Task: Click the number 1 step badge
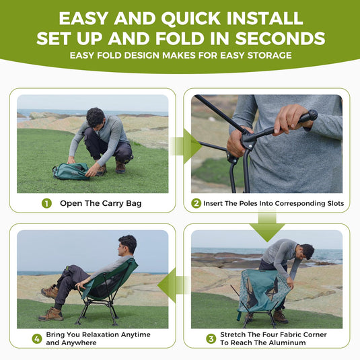(46, 203)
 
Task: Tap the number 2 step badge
(196, 203)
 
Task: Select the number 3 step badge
(211, 338)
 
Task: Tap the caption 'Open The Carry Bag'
(101, 203)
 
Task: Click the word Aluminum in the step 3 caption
(303, 343)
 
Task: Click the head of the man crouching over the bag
(96, 117)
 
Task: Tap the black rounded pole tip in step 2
(311, 115)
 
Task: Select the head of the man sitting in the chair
(127, 244)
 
